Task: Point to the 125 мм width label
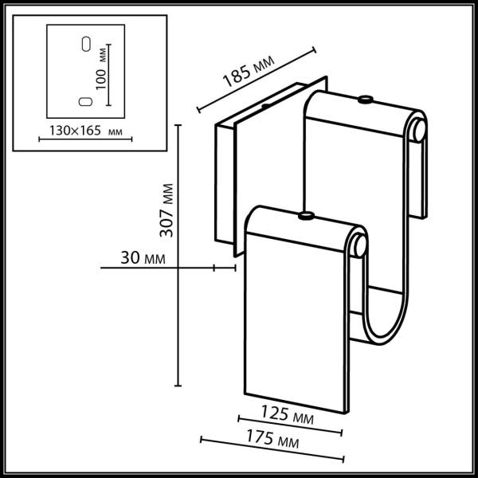[x=287, y=414]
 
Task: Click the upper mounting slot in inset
[x=84, y=43]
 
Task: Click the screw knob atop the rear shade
[x=365, y=100]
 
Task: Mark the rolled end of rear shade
[x=419, y=131]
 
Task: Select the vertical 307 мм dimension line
[x=178, y=255]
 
